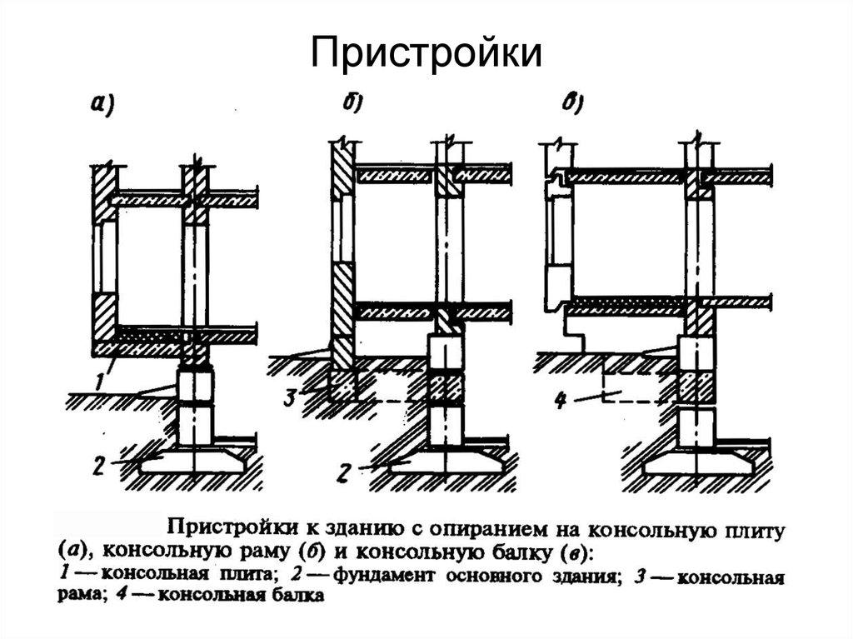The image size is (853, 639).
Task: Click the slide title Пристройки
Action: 426,53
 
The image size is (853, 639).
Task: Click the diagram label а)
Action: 102,104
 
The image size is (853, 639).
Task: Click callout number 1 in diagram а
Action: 99,380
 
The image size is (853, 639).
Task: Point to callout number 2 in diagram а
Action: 98,466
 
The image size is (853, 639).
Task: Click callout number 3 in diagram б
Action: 290,397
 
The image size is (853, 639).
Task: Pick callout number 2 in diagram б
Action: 342,472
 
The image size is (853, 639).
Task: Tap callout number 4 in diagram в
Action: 561,401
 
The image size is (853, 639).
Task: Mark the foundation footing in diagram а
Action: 192,461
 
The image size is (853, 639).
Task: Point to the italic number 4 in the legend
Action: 122,594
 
